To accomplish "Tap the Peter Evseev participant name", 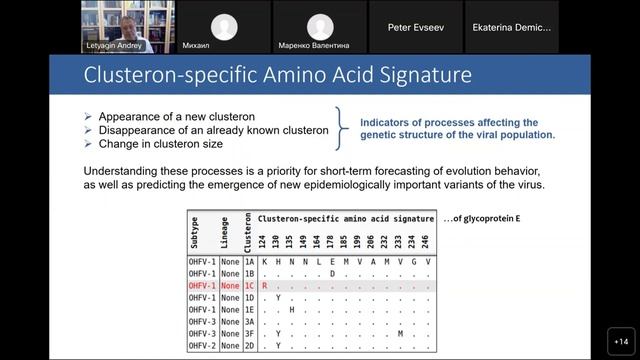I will coord(415,28).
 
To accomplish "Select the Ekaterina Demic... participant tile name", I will coord(511,28).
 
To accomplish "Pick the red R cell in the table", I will coord(265,285).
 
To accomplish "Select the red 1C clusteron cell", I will coord(249,285).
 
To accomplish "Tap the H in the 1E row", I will coord(291,309).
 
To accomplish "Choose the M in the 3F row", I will coord(400,334).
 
